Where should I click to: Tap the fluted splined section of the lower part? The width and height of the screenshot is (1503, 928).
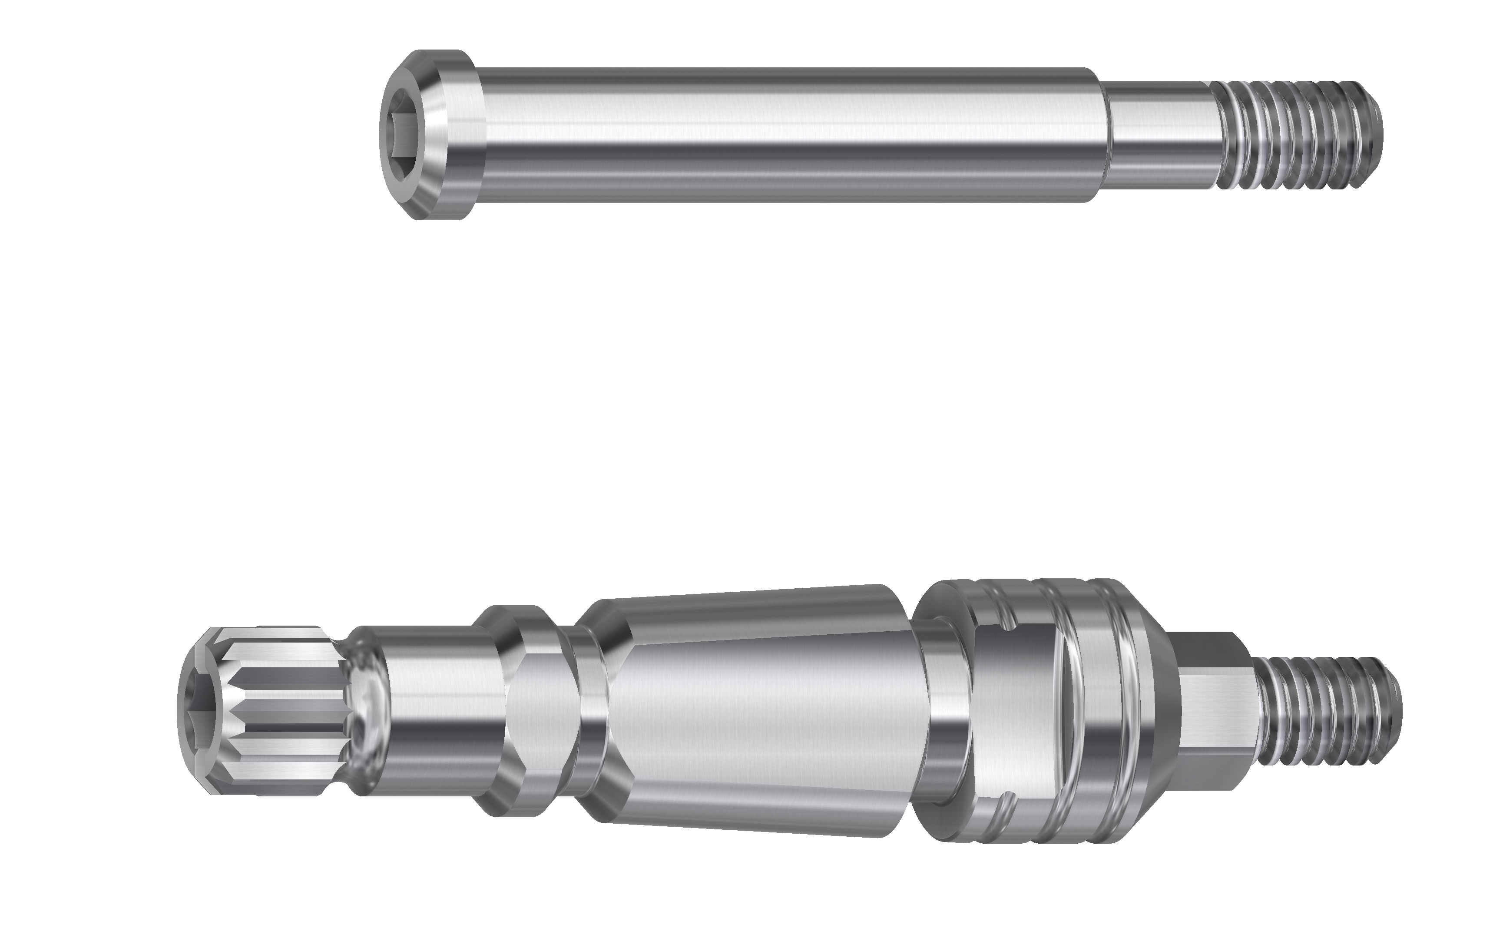point(288,712)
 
